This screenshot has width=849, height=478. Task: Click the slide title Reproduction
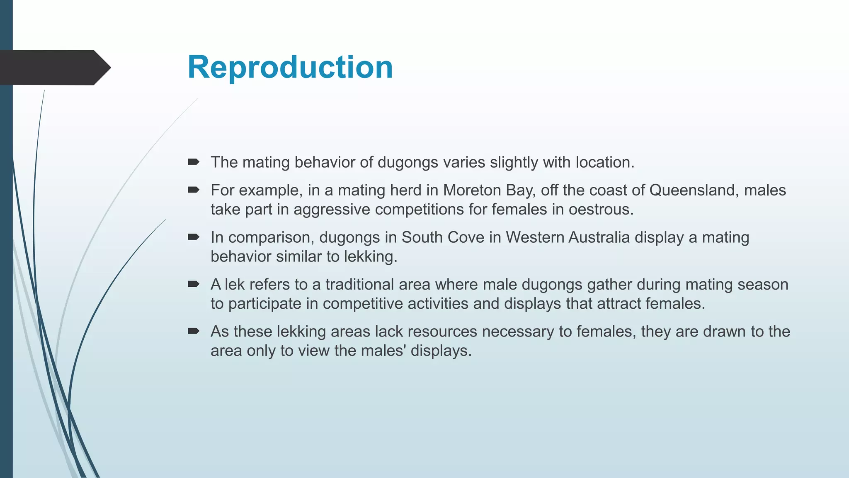tap(290, 67)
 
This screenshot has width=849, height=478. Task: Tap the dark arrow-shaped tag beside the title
tap(54, 68)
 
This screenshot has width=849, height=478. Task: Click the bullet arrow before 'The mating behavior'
tap(193, 162)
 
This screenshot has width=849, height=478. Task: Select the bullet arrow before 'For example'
tap(193, 190)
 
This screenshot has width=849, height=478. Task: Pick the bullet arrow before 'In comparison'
tap(193, 237)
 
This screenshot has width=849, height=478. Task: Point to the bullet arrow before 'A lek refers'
tap(193, 284)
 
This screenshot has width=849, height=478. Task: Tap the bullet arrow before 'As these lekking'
tap(193, 331)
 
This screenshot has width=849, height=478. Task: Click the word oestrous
tap(601, 209)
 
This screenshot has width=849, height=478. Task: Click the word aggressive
tap(332, 209)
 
